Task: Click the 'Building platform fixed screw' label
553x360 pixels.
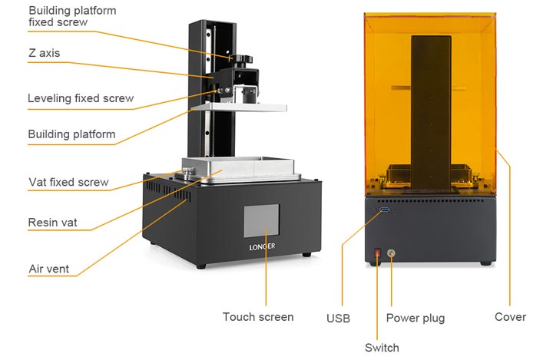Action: [x=72, y=16]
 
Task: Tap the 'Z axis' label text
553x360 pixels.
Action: [x=44, y=53]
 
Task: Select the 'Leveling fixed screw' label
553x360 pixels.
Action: [x=81, y=98]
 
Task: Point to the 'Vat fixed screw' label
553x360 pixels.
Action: [x=68, y=182]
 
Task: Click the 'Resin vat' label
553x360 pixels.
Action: [x=52, y=223]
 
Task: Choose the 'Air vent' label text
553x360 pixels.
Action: [x=48, y=269]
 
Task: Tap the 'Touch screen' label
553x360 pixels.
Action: [x=258, y=316]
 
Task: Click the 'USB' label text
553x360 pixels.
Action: [x=338, y=318]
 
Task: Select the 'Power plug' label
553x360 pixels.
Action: [x=415, y=318]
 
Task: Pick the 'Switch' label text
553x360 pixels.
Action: [x=382, y=348]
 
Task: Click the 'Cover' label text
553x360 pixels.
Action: [x=510, y=316]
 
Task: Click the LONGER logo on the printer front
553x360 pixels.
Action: [x=262, y=246]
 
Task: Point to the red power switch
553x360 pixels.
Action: [x=377, y=252]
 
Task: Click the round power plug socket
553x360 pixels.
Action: [x=392, y=252]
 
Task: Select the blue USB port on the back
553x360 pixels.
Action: [x=384, y=209]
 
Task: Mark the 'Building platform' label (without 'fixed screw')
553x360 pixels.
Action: [x=71, y=134]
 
